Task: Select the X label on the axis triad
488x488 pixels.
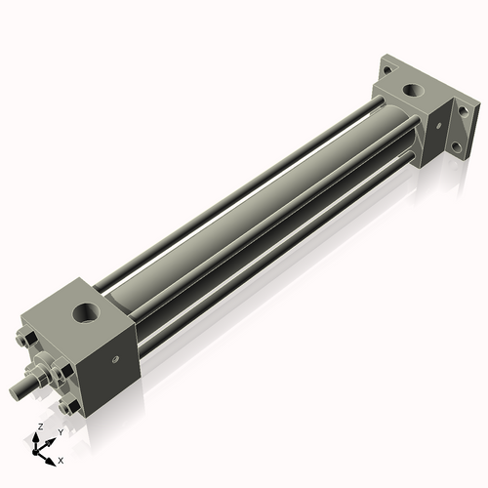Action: (61, 459)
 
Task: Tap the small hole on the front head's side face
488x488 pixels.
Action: (117, 360)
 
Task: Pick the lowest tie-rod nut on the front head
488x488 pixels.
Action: (67, 408)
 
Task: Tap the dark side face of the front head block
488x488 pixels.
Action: (115, 366)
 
